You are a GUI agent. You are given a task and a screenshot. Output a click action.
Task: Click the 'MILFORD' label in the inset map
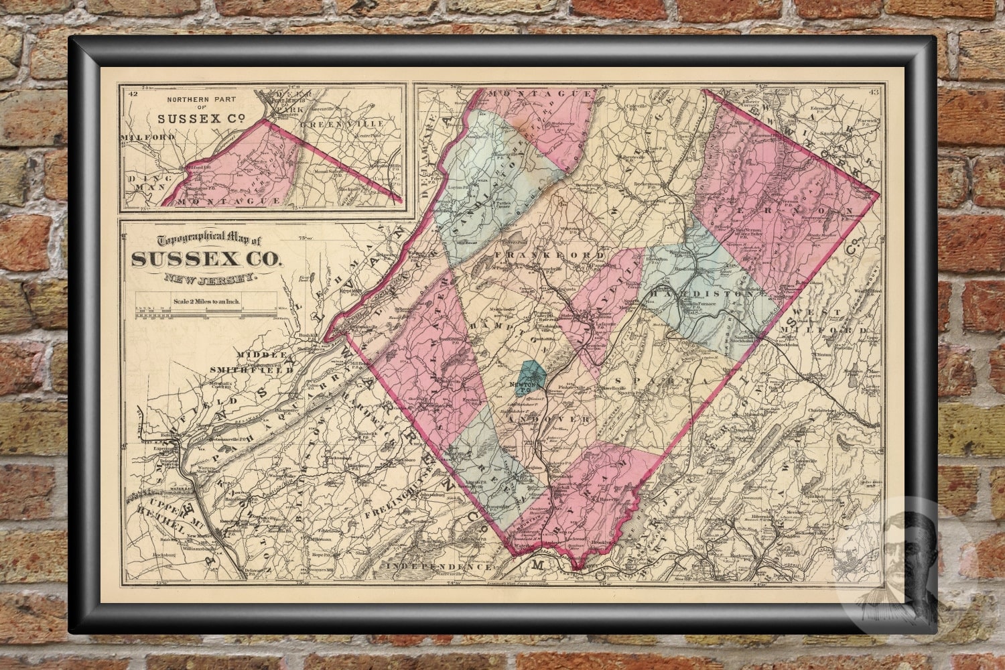pyautogui.click(x=148, y=137)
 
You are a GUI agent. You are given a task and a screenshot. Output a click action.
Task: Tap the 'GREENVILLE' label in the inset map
pyautogui.click(x=342, y=124)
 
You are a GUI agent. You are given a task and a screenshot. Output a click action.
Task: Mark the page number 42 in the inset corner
pyautogui.click(x=132, y=93)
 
